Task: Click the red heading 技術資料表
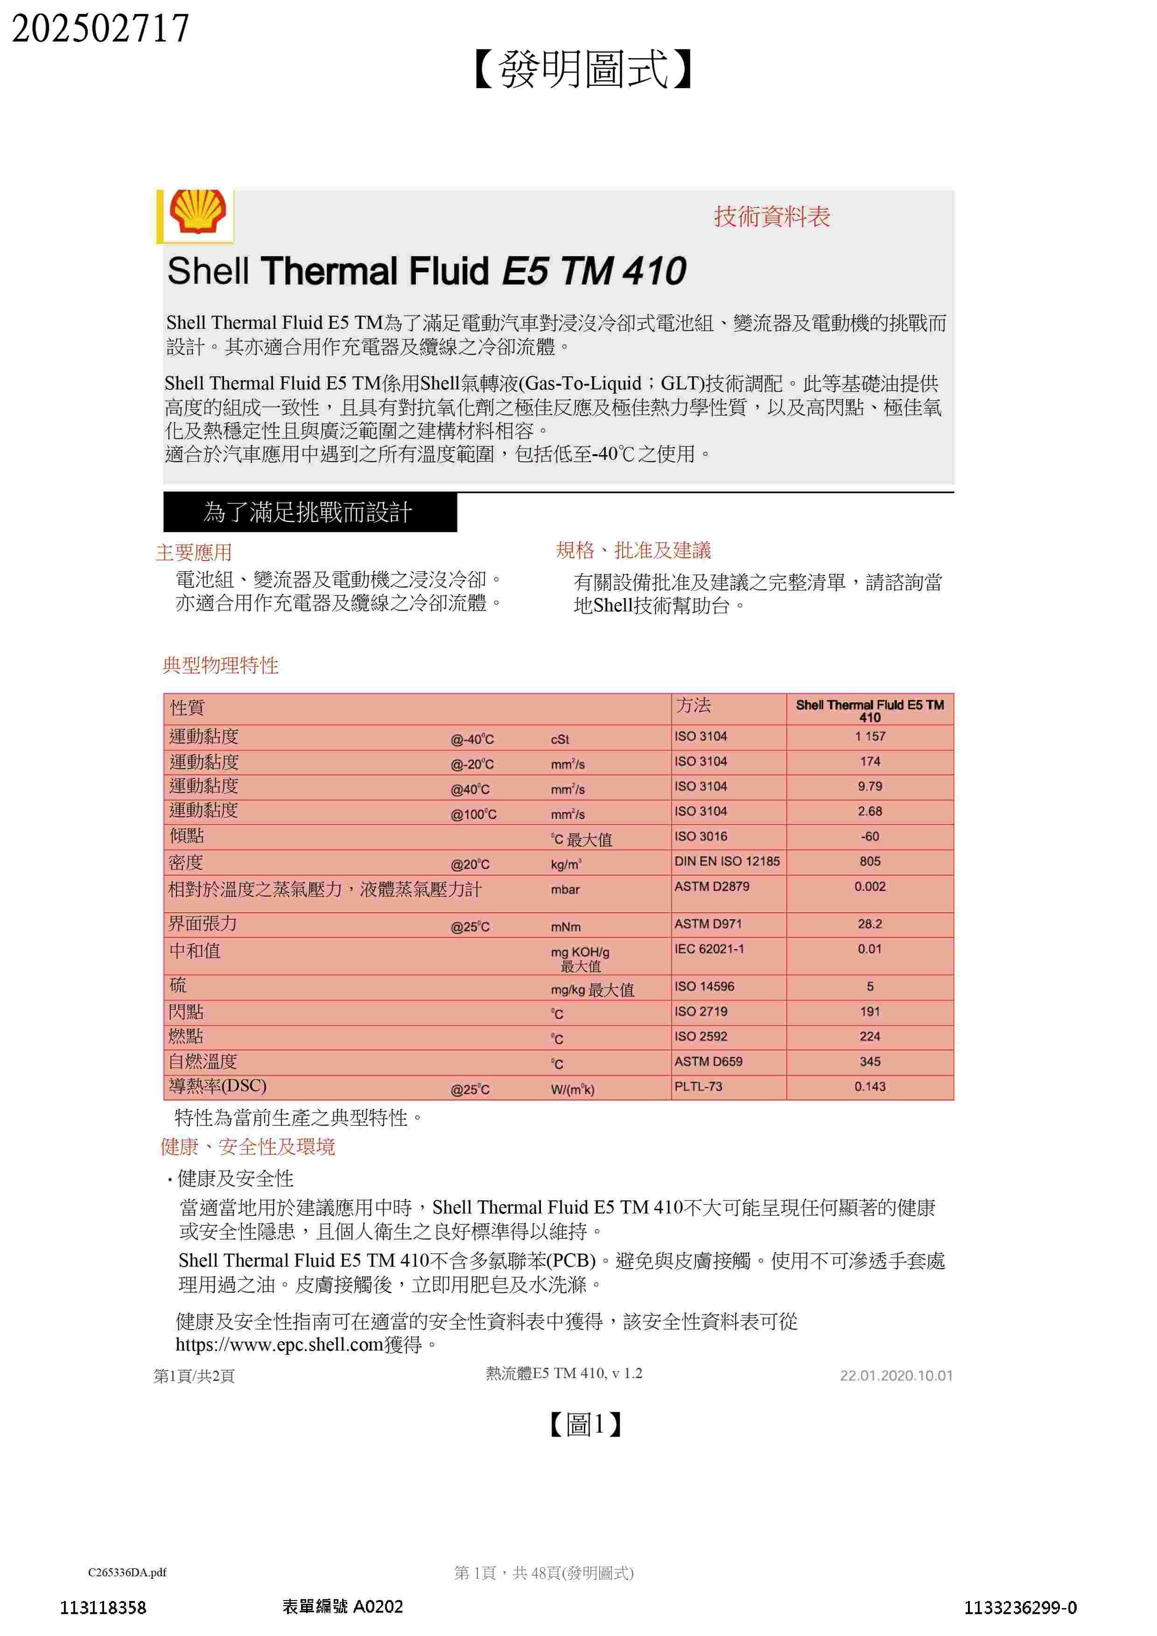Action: point(772,216)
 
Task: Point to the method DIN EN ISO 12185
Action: point(727,861)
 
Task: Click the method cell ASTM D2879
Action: point(711,887)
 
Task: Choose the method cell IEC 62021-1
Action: point(709,949)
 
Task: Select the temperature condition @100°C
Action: point(473,814)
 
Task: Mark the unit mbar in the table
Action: point(565,890)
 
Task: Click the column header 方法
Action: point(694,706)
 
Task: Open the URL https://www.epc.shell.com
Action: point(280,1345)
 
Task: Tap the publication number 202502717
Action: point(100,28)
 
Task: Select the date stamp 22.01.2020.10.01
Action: point(896,1375)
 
